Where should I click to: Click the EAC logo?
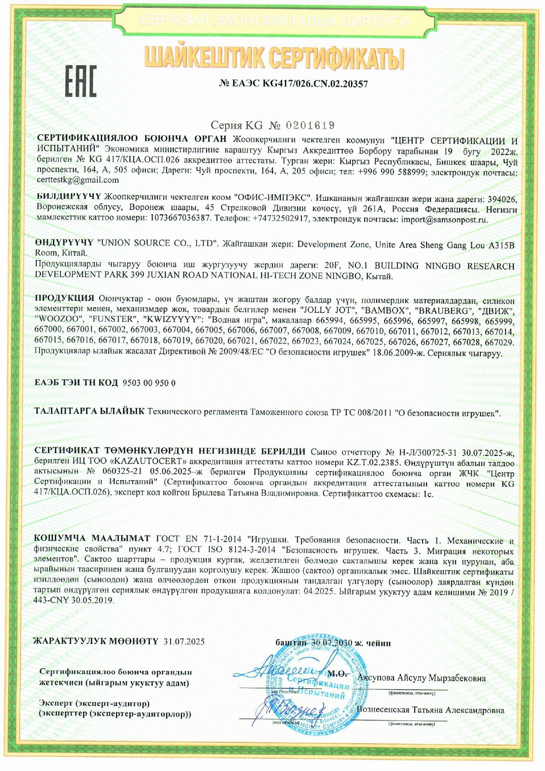(81, 81)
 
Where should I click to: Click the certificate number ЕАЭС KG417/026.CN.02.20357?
(293, 84)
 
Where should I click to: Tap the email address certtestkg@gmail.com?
(78, 180)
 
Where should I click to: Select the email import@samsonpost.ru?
(444, 220)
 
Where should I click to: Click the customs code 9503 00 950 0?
(149, 383)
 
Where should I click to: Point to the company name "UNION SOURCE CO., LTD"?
(157, 243)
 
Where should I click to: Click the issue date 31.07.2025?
(184, 642)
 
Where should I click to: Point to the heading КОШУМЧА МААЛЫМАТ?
(92, 539)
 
